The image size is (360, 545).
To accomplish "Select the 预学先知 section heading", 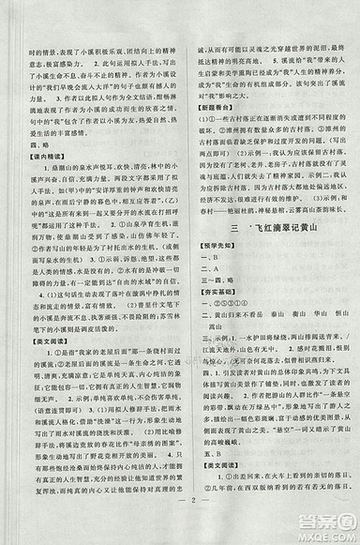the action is pos(218,246).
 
